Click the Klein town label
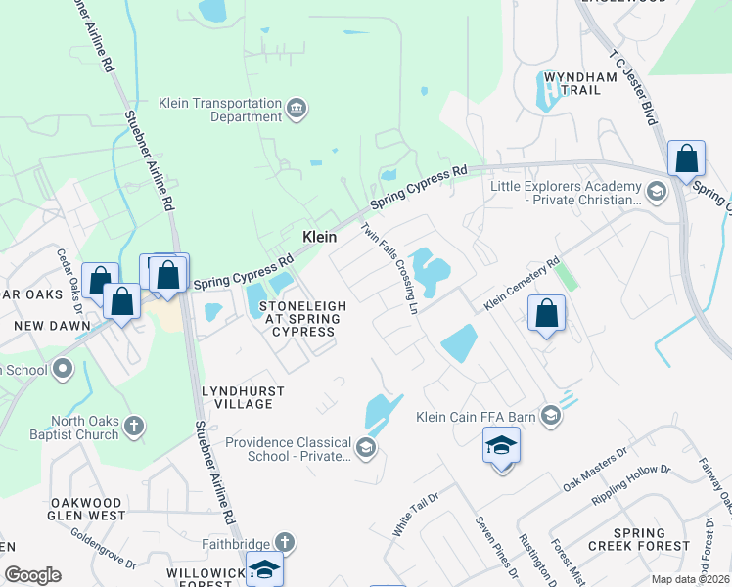319,237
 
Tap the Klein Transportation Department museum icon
297,108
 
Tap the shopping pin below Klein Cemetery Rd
547,314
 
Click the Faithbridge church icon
284,541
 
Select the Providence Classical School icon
366,448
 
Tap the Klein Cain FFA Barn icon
551,417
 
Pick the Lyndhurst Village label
243,397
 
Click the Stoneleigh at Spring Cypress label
302,319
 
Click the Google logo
32,575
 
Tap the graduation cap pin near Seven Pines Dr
501,447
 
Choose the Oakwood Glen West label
88,508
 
